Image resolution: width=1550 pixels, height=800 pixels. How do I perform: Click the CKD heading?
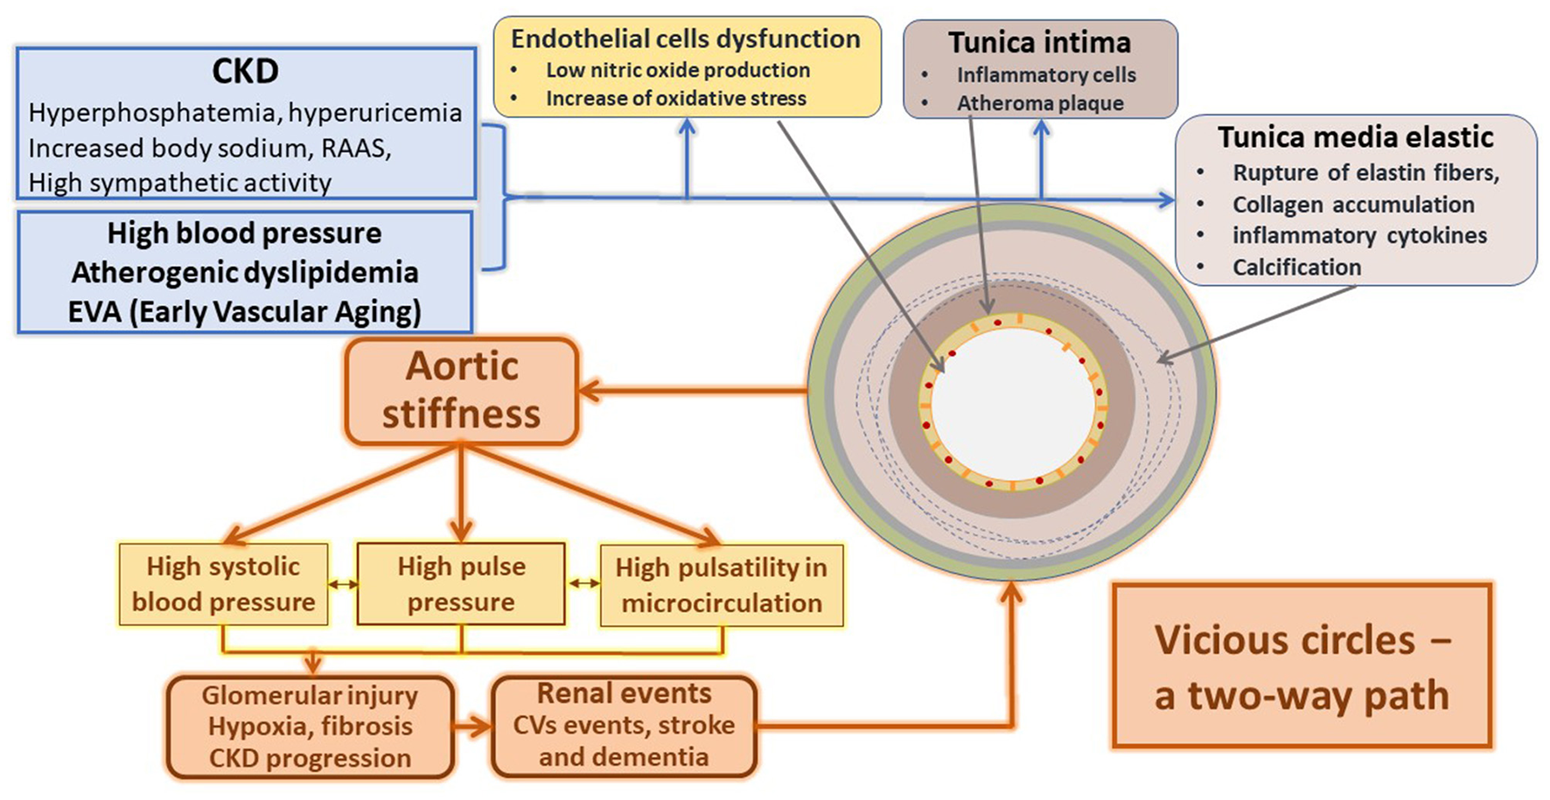pos(245,71)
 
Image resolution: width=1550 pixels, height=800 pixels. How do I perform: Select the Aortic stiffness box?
pos(462,391)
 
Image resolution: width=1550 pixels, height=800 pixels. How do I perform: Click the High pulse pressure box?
pos(461,584)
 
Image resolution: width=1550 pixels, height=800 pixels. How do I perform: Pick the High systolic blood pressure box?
pos(223,584)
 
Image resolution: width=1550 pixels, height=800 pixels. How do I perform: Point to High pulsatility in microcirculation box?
pos(721,585)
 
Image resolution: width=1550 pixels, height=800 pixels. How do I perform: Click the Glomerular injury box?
pos(310,727)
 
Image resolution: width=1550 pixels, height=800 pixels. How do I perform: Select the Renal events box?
pos(624,726)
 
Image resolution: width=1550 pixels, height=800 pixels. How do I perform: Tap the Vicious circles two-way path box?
pos(1301,666)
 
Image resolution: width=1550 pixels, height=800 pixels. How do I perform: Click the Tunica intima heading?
pos(1039,42)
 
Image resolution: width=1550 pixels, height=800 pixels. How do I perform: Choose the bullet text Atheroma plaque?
pos(1039,103)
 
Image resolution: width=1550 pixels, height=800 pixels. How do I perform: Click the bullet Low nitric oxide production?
pos(677,70)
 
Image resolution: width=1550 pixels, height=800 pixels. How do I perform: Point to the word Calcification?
pos(1296,268)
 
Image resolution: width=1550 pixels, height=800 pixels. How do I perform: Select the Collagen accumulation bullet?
pos(1352,205)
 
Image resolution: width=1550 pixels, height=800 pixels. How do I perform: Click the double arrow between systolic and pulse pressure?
pos(343,584)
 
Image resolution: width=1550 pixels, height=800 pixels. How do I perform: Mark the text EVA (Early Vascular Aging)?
pos(245,312)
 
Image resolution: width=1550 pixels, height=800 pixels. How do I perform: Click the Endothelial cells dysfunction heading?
pos(686,38)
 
